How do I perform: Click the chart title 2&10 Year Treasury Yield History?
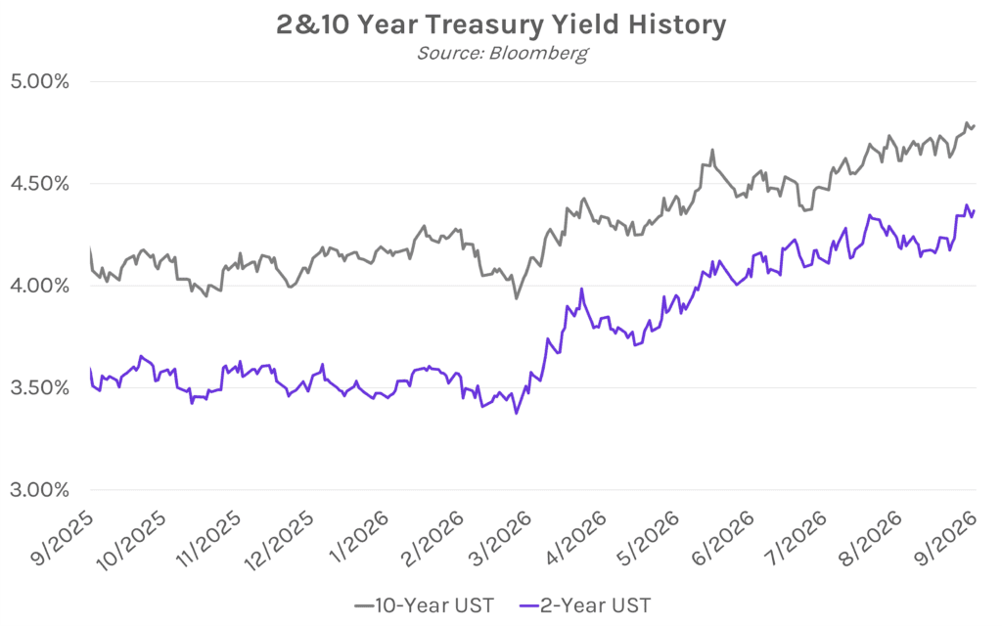[x=501, y=24]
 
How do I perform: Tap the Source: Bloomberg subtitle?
[x=502, y=53]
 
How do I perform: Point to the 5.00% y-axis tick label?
[x=39, y=82]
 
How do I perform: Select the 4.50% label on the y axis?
[x=39, y=184]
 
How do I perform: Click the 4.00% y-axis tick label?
[x=39, y=286]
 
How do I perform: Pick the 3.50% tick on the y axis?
[x=39, y=387]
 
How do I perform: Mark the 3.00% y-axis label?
[x=39, y=490]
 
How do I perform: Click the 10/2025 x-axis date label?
[x=132, y=540]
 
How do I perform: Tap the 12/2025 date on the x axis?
[x=280, y=540]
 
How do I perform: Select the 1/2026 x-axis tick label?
[x=359, y=537]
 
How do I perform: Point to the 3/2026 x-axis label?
[x=501, y=538]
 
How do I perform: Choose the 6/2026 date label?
[x=723, y=538]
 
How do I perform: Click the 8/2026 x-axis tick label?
[x=871, y=538]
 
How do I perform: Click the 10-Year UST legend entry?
[x=425, y=604]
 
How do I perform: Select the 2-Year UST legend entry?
[x=586, y=604]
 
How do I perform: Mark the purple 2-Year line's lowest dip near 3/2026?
[x=517, y=414]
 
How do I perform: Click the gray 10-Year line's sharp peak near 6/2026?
[x=712, y=150]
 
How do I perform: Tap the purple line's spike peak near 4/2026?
[x=581, y=289]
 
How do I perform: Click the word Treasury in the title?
[x=484, y=24]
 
